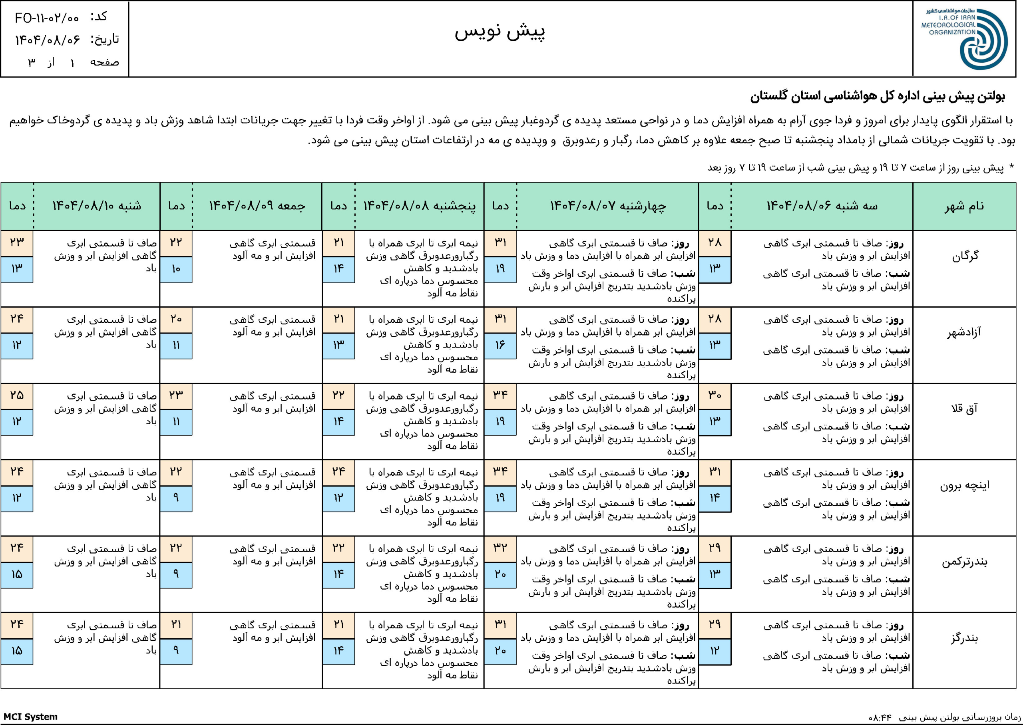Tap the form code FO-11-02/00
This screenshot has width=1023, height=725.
47,18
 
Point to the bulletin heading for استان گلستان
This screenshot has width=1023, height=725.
877,97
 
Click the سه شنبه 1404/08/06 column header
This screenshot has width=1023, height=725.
822,206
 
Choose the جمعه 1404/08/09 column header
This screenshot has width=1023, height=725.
257,206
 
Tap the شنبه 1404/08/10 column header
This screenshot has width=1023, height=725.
96,206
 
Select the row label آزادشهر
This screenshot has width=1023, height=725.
964,333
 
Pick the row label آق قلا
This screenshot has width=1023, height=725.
964,409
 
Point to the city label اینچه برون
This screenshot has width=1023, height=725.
965,485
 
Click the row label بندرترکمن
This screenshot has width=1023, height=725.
965,562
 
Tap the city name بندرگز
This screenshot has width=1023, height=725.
965,638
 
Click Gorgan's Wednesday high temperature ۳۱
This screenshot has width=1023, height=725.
500,243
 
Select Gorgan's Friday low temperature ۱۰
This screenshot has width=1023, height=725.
176,269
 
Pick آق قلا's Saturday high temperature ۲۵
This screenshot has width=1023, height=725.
16,395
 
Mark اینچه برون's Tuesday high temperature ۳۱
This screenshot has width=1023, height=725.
715,472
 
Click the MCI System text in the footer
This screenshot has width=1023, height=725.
30,717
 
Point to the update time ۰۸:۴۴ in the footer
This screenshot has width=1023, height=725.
880,718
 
